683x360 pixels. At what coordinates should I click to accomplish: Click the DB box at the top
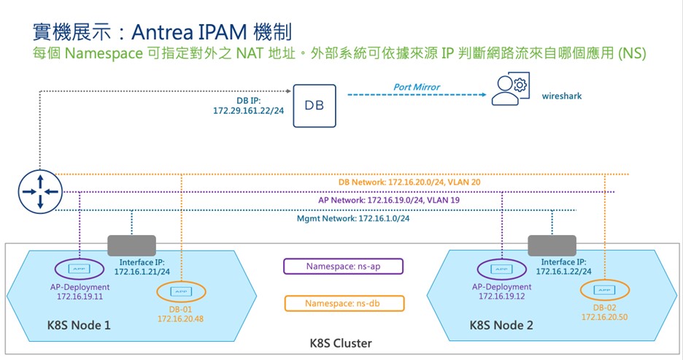(314, 106)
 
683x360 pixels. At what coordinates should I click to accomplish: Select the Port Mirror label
(417, 87)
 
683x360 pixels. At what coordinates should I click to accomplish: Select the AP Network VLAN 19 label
(389, 199)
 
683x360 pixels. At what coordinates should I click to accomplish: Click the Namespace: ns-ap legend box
(343, 267)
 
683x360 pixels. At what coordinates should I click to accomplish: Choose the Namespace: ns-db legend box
(343, 302)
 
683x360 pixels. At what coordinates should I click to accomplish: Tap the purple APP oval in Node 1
(79, 267)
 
